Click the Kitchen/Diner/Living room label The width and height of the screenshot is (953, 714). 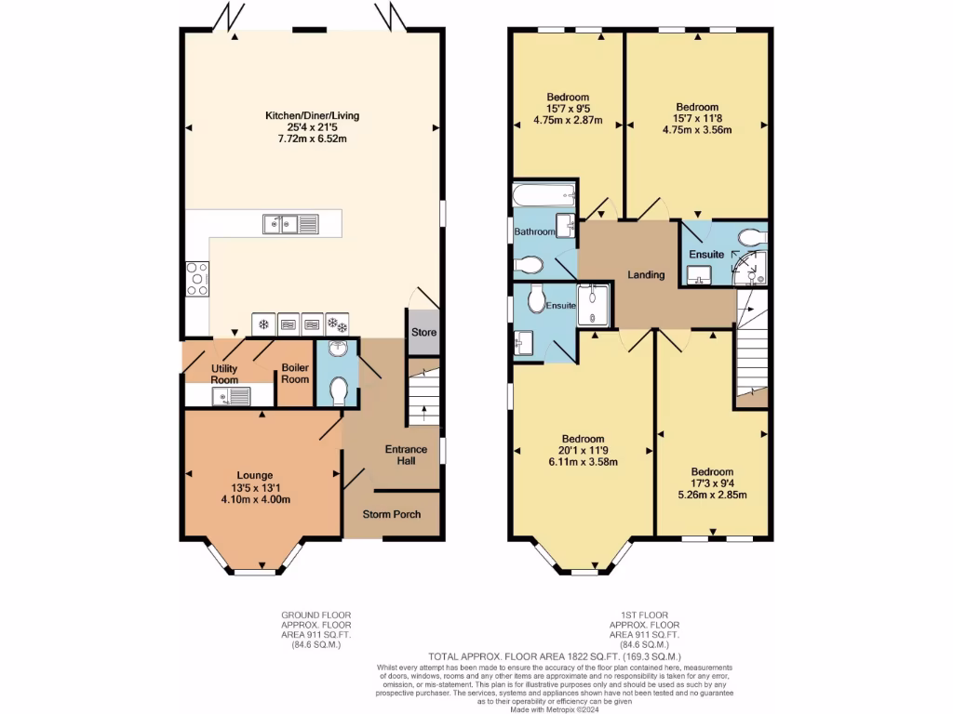pyautogui.click(x=312, y=115)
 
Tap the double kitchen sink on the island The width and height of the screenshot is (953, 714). pyautogui.click(x=289, y=223)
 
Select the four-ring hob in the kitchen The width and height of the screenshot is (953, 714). pyautogui.click(x=197, y=278)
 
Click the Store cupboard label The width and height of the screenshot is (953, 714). pyautogui.click(x=423, y=332)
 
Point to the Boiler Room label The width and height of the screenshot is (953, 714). pyautogui.click(x=295, y=373)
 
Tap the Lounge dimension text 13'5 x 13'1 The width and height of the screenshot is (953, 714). pyautogui.click(x=255, y=487)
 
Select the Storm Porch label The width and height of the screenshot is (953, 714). pyautogui.click(x=392, y=514)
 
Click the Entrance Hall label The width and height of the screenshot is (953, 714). pyautogui.click(x=407, y=456)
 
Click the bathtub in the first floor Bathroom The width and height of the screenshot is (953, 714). pyautogui.click(x=544, y=194)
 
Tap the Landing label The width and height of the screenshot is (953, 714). pyautogui.click(x=645, y=275)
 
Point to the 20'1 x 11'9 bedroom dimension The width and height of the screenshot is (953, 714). pyautogui.click(x=583, y=450)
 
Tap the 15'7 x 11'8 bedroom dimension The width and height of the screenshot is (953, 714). pyautogui.click(x=696, y=118)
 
